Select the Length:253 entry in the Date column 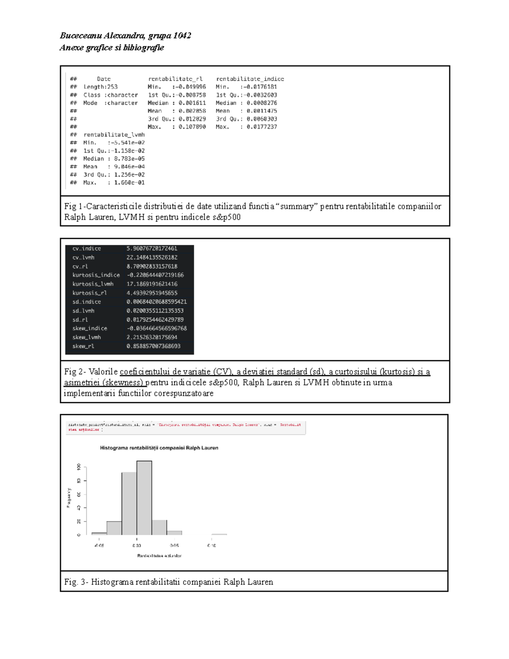click(100, 87)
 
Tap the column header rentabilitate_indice click(250, 79)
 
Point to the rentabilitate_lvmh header click(114, 135)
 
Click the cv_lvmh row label click(83, 258)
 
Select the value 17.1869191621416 click(152, 284)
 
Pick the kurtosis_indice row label click(96, 275)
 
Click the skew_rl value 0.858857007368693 click(153, 346)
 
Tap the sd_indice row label click(87, 302)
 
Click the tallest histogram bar click(144, 497)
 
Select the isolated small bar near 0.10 click(219, 534)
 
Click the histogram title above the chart click(159, 448)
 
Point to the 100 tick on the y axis click(78, 467)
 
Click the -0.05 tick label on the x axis click(99, 546)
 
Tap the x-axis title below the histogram click(159, 556)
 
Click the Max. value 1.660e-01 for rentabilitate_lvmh click(129, 183)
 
